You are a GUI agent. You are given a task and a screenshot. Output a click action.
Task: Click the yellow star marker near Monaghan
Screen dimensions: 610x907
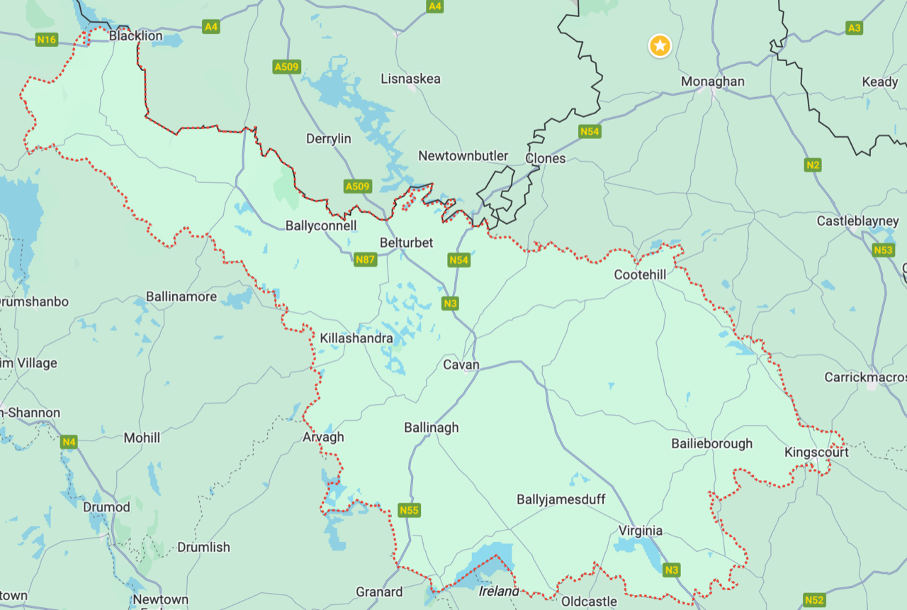pos(660,47)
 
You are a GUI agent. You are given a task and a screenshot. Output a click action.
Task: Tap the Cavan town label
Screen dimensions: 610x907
pos(461,365)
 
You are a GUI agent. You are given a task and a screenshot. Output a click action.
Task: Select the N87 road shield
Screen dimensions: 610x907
pos(365,260)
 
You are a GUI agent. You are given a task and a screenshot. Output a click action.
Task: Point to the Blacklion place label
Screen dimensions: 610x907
pos(135,35)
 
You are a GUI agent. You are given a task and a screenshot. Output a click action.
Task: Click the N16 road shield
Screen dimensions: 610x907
pos(47,40)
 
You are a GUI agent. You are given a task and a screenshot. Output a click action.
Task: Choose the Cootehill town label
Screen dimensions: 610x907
pos(641,274)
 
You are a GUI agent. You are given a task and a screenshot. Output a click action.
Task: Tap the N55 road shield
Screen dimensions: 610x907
pos(409,510)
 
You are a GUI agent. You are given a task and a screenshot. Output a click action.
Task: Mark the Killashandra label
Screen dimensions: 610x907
pos(356,338)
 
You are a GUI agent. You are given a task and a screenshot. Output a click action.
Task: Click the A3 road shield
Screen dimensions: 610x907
pos(855,28)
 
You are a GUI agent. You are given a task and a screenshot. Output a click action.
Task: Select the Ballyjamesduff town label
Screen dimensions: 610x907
pos(561,499)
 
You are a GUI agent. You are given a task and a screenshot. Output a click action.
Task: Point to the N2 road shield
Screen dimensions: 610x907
pos(813,165)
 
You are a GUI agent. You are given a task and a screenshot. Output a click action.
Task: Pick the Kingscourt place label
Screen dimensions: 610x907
pos(816,452)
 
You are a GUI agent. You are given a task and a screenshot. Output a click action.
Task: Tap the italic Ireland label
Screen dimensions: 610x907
pos(499,591)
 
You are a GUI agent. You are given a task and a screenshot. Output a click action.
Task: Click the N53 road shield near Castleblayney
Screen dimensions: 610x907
pos(883,250)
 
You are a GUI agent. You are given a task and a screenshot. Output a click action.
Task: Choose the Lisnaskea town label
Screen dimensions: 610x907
pos(410,79)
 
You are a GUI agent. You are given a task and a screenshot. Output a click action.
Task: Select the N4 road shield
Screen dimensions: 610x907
pos(68,442)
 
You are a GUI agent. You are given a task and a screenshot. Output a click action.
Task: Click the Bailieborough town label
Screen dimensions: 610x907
pos(712,443)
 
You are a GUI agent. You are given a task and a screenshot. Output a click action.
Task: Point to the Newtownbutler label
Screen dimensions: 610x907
pos(463,156)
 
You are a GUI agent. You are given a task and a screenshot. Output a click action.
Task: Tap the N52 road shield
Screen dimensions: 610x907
pos(814,600)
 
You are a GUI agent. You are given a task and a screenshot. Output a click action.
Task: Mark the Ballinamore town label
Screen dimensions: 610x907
pos(181,296)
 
